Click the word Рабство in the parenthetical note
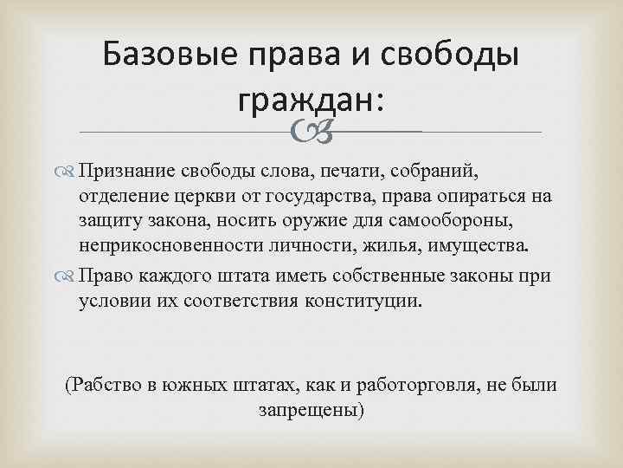tap(108, 384)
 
